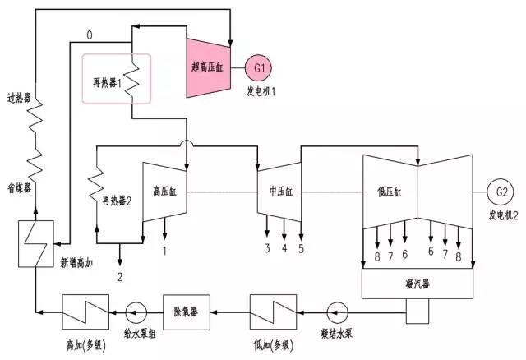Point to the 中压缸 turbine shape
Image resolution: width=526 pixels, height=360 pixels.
[280, 191]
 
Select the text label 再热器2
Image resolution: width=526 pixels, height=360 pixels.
[118, 200]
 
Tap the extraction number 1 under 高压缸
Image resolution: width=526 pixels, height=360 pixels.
[165, 248]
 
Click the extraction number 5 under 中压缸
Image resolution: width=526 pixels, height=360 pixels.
[301, 248]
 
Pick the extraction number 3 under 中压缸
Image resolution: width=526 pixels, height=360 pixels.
[266, 248]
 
